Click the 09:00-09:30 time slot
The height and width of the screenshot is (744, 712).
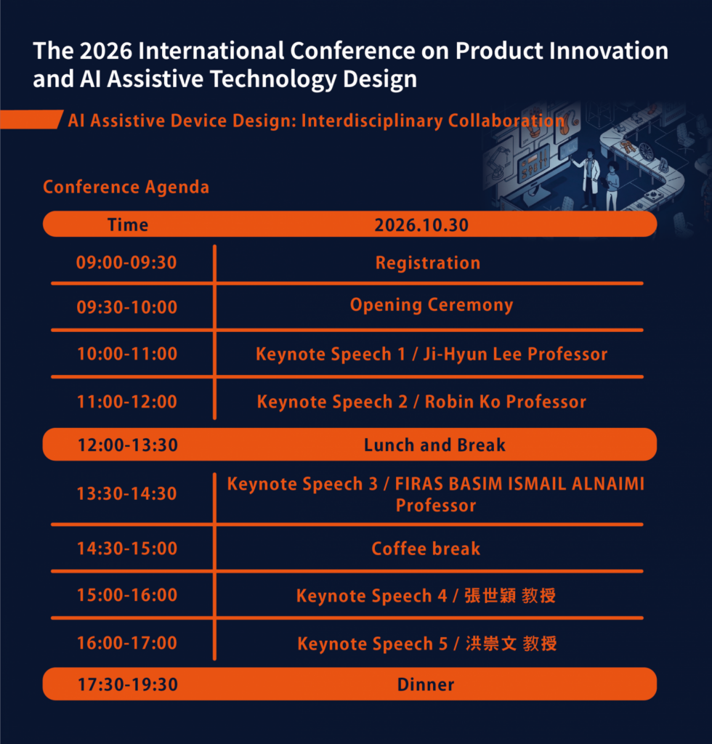pyautogui.click(x=126, y=262)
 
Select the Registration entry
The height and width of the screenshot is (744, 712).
pyautogui.click(x=428, y=263)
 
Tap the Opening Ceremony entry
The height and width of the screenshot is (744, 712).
pyautogui.click(x=432, y=305)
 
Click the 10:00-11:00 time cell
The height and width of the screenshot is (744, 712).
pyautogui.click(x=127, y=354)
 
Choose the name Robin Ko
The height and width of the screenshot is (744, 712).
pyautogui.click(x=463, y=402)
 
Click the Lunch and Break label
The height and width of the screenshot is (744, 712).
pyautogui.click(x=434, y=445)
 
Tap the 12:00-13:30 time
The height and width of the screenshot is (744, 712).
pyautogui.click(x=128, y=445)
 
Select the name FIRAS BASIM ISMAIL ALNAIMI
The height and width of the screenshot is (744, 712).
pyautogui.click(x=519, y=484)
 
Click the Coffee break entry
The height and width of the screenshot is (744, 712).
pyautogui.click(x=426, y=549)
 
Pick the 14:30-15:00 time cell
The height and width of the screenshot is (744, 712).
pyautogui.click(x=127, y=549)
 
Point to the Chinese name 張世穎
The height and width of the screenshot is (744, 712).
pyautogui.click(x=490, y=596)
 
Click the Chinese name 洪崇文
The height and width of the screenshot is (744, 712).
pyautogui.click(x=491, y=644)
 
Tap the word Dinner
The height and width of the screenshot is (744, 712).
pyautogui.click(x=426, y=684)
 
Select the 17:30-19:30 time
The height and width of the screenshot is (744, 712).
pyautogui.click(x=128, y=684)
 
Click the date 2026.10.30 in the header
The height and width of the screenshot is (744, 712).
pyautogui.click(x=421, y=225)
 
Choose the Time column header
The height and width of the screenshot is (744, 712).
pyautogui.click(x=128, y=225)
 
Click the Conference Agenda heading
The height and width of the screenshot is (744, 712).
pyautogui.click(x=126, y=187)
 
